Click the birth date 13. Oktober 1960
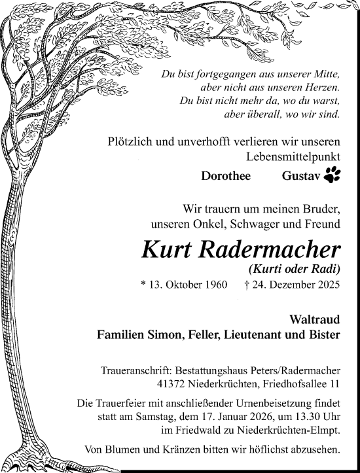click(188, 285)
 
